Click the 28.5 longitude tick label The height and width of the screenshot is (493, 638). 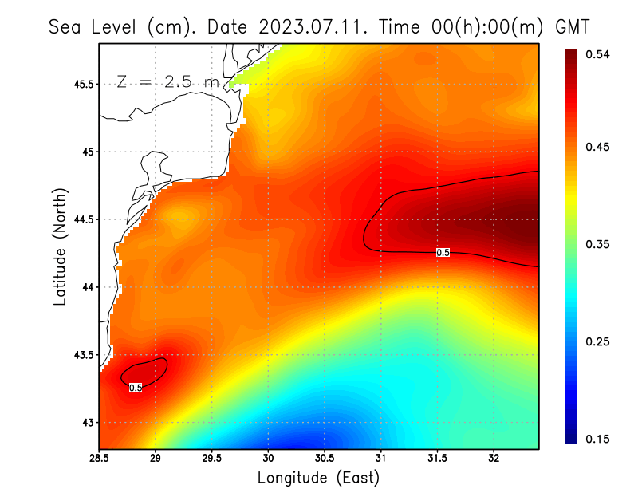99,458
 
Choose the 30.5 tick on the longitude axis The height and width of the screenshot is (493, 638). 324,458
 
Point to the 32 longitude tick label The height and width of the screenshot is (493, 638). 494,458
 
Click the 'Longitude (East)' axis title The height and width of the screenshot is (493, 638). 318,478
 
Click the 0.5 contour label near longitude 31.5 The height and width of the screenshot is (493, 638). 443,252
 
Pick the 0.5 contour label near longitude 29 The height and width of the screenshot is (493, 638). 136,388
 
